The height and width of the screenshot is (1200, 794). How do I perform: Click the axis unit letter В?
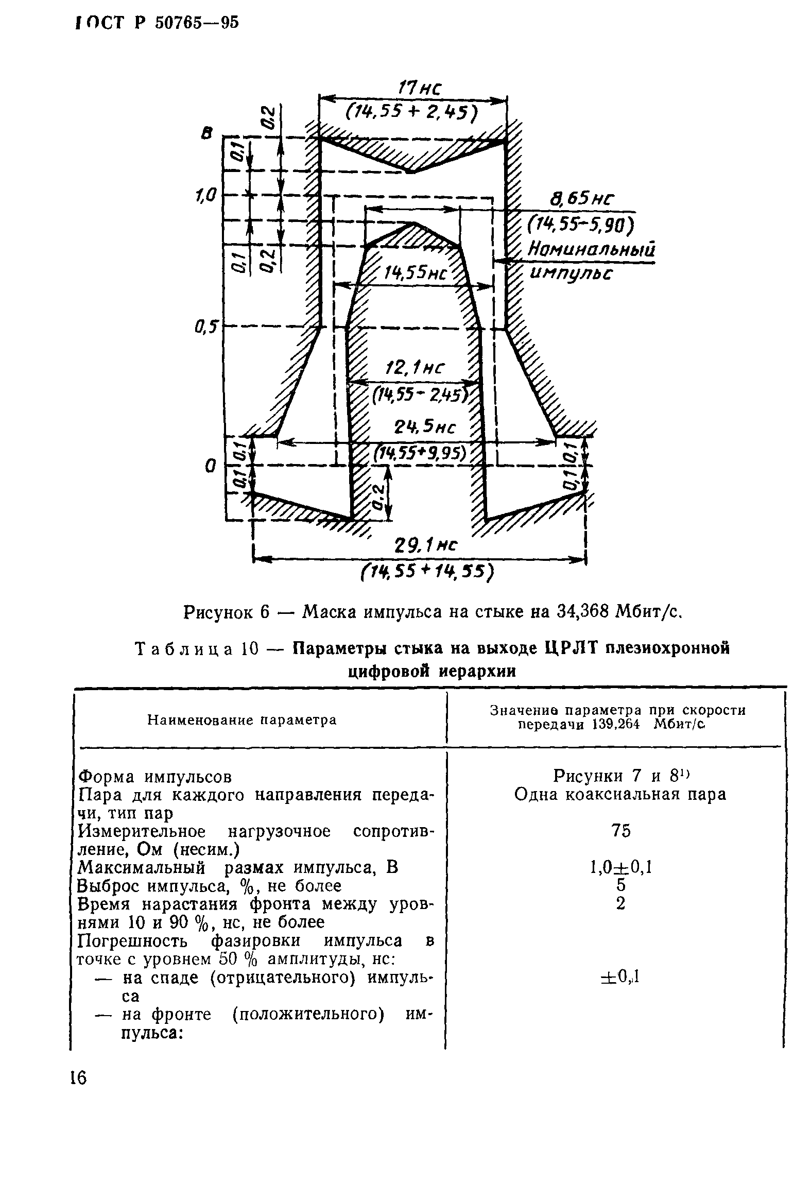(208, 135)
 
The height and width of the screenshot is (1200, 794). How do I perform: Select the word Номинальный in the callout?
(592, 250)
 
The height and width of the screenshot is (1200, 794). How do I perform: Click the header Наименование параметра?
(242, 720)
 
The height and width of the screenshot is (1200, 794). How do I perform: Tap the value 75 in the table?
(620, 831)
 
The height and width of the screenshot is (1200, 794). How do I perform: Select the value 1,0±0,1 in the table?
(620, 868)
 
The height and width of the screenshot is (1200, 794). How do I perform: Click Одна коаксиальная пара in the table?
(620, 795)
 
